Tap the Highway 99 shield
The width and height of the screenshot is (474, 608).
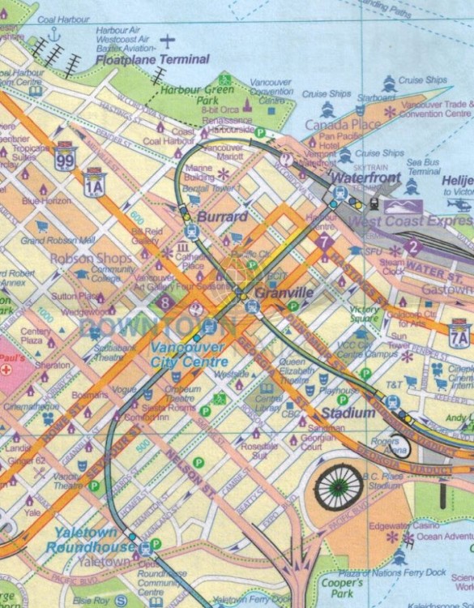[66, 155]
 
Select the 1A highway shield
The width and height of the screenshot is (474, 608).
[95, 180]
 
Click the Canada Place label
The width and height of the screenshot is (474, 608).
[342, 124]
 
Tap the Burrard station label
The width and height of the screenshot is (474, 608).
[222, 217]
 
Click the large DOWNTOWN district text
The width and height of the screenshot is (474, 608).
[159, 327]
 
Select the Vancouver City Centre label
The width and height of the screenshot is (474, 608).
[188, 354]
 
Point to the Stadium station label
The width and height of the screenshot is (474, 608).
[348, 413]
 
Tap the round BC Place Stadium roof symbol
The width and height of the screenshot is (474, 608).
[339, 486]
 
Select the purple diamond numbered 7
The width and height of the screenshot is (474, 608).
[325, 241]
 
